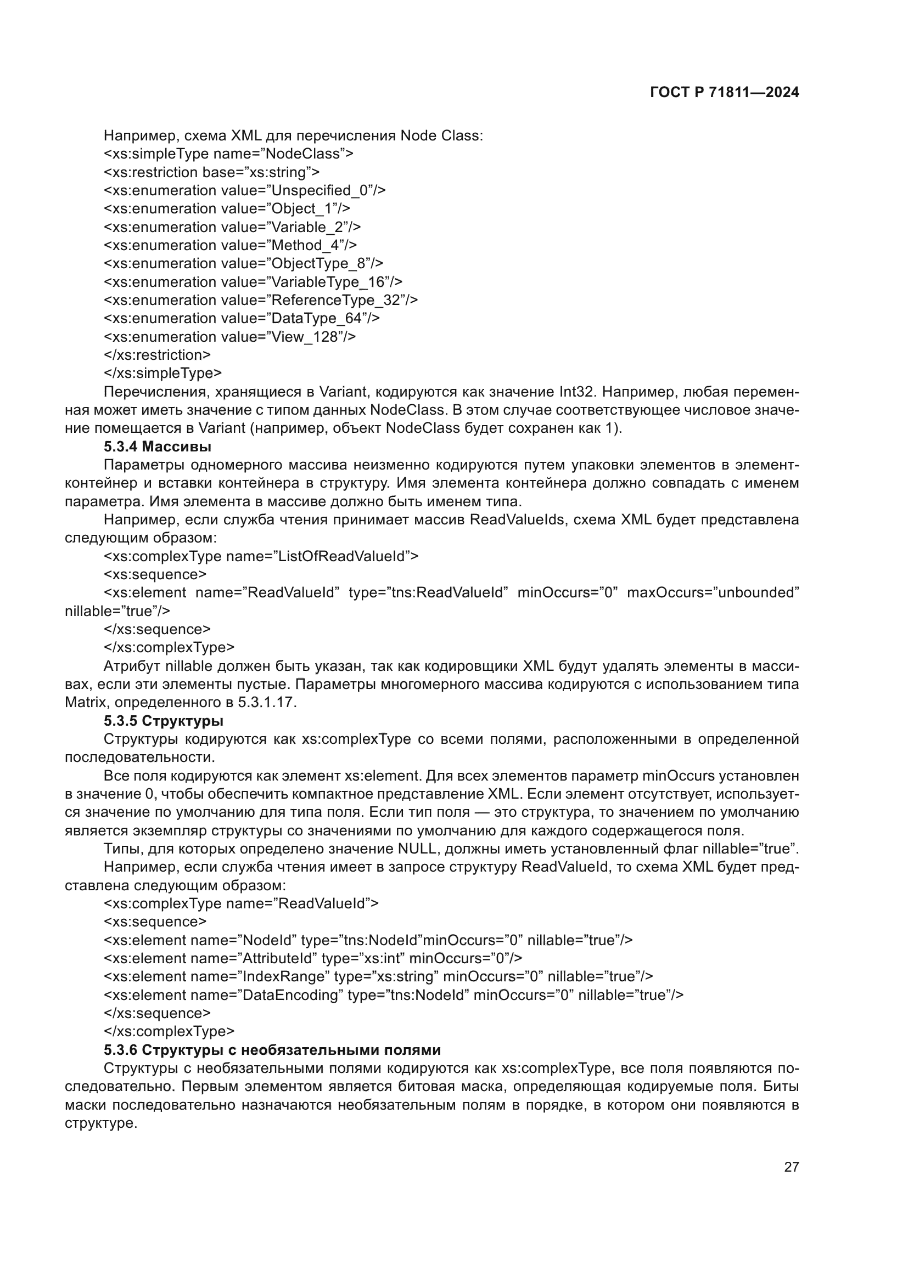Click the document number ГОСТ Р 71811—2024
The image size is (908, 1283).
click(x=724, y=93)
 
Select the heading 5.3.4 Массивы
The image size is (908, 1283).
click(x=157, y=446)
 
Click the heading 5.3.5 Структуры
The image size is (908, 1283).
click(x=163, y=721)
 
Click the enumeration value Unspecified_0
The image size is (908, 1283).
click(x=320, y=190)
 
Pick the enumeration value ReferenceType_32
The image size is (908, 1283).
click(x=335, y=300)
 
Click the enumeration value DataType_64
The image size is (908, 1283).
click(x=316, y=319)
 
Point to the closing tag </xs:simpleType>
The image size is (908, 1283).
click(x=162, y=374)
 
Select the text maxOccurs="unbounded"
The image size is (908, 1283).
click(x=713, y=593)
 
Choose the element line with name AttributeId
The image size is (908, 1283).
click(x=312, y=958)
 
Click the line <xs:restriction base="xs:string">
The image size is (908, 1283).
click(x=211, y=172)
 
